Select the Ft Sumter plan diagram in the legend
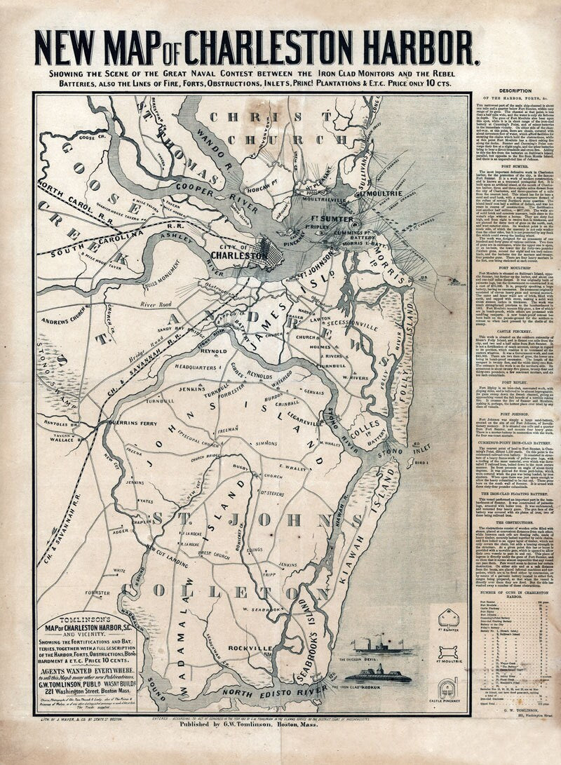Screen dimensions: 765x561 point(449,617)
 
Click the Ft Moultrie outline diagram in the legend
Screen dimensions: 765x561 point(449,648)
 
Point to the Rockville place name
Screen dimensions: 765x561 point(255,647)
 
